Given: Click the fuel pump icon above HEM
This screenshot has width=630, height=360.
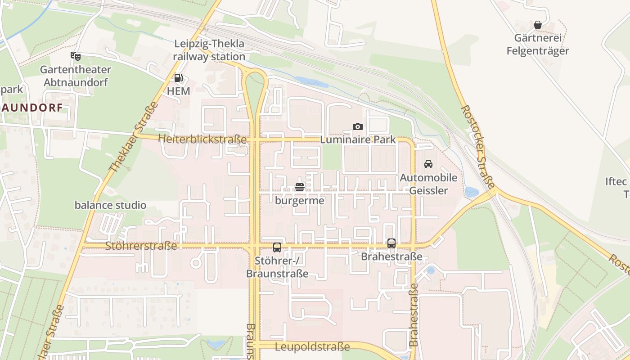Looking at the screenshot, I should (x=178, y=78).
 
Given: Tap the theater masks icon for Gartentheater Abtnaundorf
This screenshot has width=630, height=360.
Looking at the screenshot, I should (x=76, y=56).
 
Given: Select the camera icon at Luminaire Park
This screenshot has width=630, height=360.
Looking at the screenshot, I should (x=358, y=127).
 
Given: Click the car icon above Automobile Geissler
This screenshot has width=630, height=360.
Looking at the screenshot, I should (x=428, y=164).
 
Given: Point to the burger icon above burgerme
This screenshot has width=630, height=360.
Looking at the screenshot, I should (x=300, y=187).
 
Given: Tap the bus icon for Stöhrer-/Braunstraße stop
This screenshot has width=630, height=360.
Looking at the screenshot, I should (x=277, y=247).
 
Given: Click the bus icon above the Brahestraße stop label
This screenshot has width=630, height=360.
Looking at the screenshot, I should (x=391, y=243).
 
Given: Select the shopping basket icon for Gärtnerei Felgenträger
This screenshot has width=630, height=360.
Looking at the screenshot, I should (x=537, y=25).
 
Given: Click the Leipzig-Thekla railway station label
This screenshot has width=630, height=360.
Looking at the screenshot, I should (x=209, y=50).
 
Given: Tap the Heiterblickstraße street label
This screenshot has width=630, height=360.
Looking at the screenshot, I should (x=202, y=139).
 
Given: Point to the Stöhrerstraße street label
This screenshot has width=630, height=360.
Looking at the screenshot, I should (x=141, y=246).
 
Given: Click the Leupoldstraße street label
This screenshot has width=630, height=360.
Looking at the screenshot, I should (x=312, y=347).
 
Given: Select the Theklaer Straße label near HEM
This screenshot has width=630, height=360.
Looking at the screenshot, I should (x=134, y=137).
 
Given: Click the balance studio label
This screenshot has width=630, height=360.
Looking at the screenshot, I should (x=110, y=205).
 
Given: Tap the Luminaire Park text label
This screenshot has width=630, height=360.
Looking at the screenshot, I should (x=358, y=140).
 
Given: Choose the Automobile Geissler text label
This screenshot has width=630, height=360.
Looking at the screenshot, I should (x=428, y=184).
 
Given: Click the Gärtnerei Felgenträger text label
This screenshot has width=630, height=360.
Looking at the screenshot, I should (x=538, y=45).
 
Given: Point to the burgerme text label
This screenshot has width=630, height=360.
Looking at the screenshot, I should (x=300, y=201).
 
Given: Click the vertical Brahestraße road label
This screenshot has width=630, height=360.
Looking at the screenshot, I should (x=414, y=315).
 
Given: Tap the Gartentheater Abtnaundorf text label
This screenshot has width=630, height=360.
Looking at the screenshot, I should (x=76, y=76).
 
